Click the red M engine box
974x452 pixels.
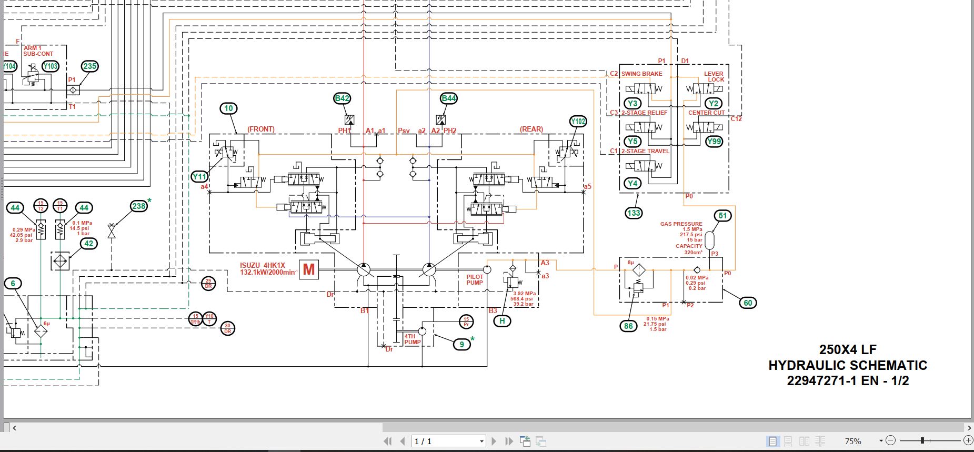pos(309,270)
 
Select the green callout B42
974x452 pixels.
pos(342,98)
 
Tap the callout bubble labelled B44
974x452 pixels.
pos(448,98)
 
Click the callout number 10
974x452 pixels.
pos(228,108)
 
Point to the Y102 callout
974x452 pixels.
pos(578,122)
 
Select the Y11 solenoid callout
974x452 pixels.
pos(199,177)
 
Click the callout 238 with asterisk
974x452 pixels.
pos(139,206)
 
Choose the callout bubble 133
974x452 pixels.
pos(634,213)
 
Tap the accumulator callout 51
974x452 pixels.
pos(723,216)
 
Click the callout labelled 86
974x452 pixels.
pos(628,326)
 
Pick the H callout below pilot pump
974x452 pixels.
pos(502,321)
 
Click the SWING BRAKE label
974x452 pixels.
pos(641,74)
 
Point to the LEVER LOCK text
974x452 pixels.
pos(714,77)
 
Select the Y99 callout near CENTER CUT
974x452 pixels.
pos(714,142)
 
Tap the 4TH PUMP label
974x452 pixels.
pos(412,339)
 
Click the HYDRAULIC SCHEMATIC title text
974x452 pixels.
pos(847,365)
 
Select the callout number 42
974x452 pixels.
pos(89,244)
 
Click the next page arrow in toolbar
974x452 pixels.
pos(494,441)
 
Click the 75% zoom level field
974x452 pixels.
pos(853,441)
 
